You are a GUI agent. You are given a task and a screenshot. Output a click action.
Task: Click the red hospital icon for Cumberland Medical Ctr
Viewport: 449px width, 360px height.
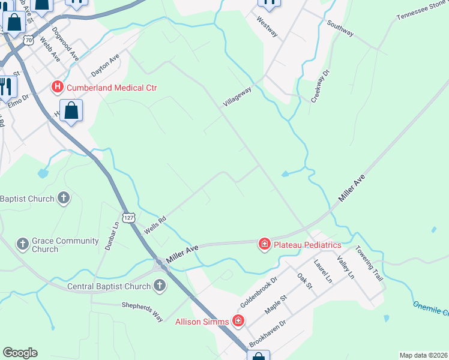click(58, 88)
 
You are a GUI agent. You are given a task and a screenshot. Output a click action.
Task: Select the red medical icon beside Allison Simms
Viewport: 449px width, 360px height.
click(238, 322)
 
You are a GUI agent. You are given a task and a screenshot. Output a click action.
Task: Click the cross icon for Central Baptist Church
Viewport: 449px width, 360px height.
click(160, 286)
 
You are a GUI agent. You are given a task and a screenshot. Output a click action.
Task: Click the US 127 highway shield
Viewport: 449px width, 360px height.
click(128, 216)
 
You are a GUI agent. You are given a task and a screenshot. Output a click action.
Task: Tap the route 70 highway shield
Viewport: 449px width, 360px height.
click(29, 40)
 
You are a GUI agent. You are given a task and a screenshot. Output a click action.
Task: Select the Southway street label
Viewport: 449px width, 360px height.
click(340, 28)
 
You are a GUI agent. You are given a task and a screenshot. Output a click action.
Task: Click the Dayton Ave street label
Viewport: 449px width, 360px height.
click(105, 64)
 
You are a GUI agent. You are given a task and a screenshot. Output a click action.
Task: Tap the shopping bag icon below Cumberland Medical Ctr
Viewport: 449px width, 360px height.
click(71, 111)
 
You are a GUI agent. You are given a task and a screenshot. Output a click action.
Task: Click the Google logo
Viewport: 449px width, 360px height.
click(20, 353)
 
